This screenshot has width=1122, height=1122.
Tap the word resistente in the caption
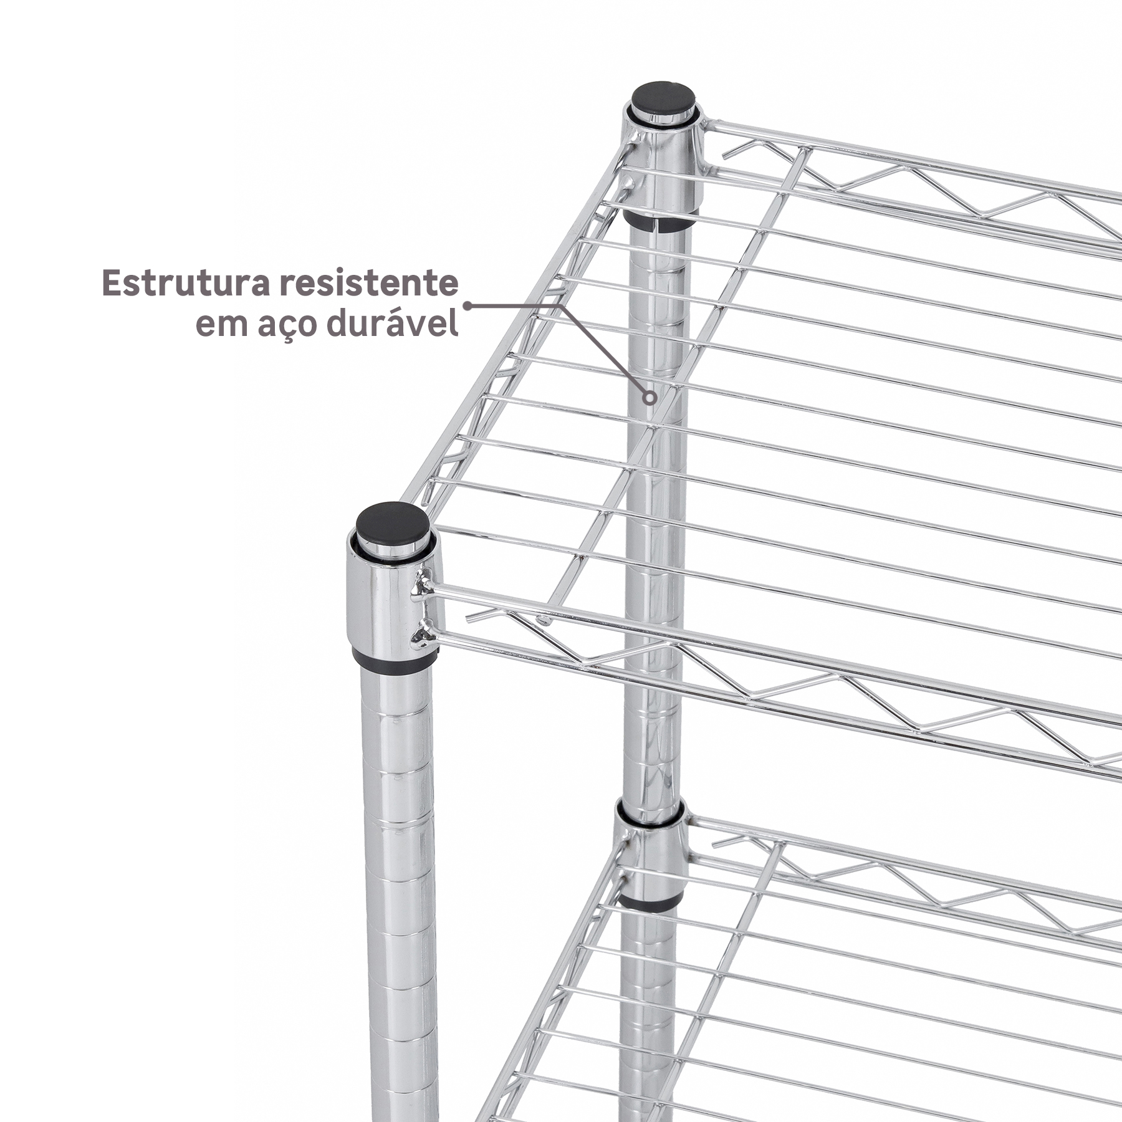coord(368,284)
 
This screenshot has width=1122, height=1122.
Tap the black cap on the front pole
coord(392,522)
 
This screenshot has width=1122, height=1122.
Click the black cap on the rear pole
coord(663,99)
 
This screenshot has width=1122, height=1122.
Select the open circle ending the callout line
coord(650,397)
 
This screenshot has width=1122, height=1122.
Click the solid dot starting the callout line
coord(467,306)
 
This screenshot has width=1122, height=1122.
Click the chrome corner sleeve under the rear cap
coord(661,165)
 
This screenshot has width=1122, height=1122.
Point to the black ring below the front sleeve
coord(395,662)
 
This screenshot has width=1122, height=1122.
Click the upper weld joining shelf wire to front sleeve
coord(423,587)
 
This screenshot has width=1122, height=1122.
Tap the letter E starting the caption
coord(112,284)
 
